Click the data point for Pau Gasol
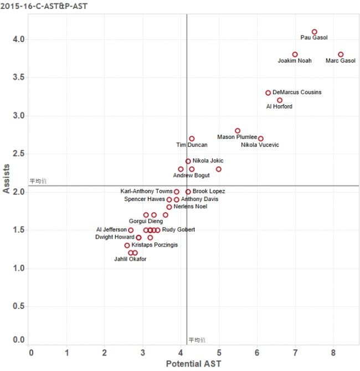(x=315, y=32)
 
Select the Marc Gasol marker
(x=341, y=55)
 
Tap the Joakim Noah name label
(x=295, y=60)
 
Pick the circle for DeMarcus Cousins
(x=268, y=93)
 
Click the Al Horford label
(x=279, y=106)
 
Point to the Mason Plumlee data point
(x=238, y=131)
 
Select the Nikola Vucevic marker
(x=261, y=138)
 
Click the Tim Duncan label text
(x=192, y=145)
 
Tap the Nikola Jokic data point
(x=188, y=162)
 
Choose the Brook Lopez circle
(x=188, y=192)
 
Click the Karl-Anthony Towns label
(x=146, y=191)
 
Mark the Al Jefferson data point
(x=131, y=230)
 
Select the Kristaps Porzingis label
(x=155, y=245)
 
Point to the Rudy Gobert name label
(x=178, y=230)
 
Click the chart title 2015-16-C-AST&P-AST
(x=44, y=6)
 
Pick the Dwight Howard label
(x=115, y=237)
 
